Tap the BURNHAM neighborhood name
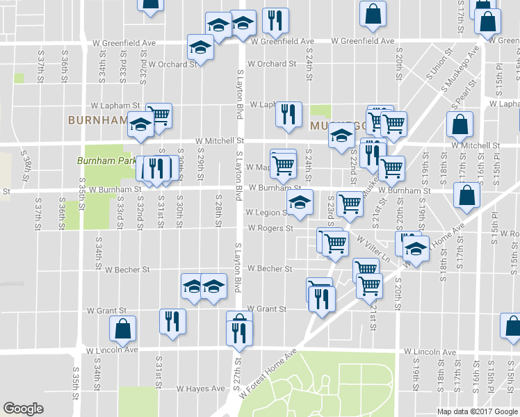(x=97, y=120)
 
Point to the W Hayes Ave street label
(x=201, y=389)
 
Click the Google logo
(x=23, y=409)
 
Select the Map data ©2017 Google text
(x=477, y=411)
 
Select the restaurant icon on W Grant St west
(x=171, y=321)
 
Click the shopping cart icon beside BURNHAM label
(x=159, y=115)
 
